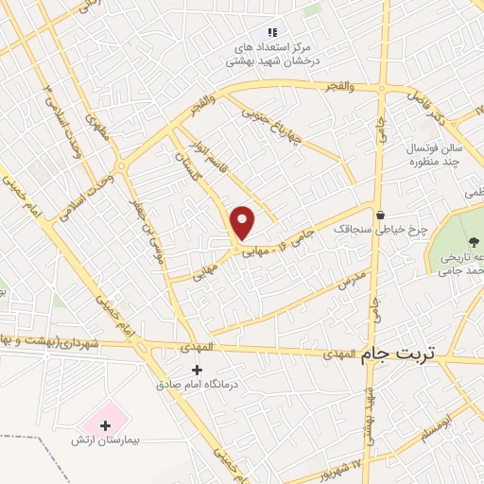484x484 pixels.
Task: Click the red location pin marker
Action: pyautogui.click(x=243, y=222)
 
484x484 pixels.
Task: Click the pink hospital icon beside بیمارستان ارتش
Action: pyautogui.click(x=105, y=416)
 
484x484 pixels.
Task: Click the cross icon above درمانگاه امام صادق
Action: pyautogui.click(x=197, y=370)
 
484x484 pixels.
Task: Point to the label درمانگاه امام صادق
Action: pyautogui.click(x=197, y=386)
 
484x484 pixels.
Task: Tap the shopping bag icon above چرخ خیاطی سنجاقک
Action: pyautogui.click(x=380, y=215)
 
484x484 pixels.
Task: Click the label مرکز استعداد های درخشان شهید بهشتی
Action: pyautogui.click(x=273, y=54)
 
